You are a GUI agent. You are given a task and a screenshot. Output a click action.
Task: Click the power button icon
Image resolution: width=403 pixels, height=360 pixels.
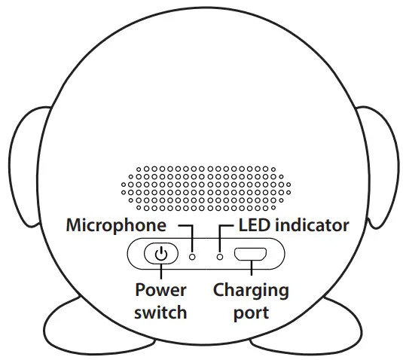(160, 255)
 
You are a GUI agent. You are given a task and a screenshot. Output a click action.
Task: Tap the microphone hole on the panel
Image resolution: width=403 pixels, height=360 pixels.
(192, 256)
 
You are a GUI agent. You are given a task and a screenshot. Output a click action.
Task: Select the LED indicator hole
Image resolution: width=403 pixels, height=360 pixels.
(219, 256)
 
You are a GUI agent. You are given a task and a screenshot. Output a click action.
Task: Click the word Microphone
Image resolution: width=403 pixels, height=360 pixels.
(115, 225)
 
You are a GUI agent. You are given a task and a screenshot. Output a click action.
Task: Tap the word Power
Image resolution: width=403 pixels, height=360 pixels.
(160, 289)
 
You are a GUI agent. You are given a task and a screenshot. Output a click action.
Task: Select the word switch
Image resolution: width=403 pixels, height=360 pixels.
(160, 311)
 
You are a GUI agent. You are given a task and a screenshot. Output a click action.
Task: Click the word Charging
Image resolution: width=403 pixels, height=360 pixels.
(251, 289)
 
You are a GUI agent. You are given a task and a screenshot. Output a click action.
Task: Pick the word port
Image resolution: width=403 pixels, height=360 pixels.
(251, 311)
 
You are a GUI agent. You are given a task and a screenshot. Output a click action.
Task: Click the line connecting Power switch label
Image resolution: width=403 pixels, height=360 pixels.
(160, 273)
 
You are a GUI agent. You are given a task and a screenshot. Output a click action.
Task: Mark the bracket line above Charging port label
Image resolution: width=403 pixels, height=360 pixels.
(251, 273)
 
